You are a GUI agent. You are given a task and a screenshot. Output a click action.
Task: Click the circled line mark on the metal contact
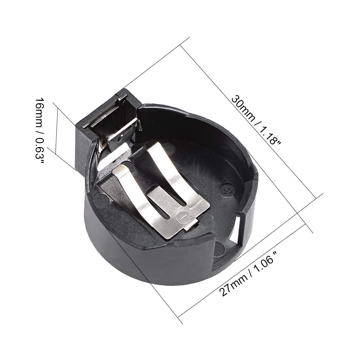click(182, 216)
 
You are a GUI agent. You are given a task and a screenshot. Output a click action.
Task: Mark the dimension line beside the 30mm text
click(249, 118)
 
